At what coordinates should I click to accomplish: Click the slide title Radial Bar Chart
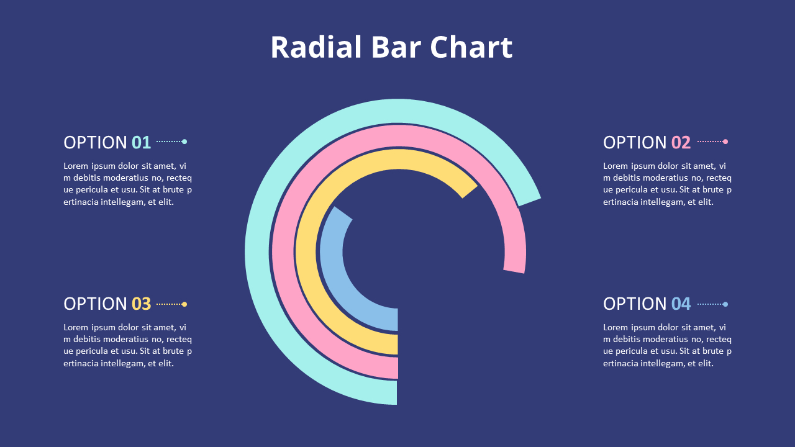(391, 47)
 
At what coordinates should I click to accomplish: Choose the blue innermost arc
(330, 261)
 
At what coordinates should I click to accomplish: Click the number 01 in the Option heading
(141, 143)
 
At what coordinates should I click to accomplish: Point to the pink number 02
(681, 143)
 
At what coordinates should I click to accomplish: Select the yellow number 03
(141, 304)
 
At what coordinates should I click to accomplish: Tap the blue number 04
(681, 304)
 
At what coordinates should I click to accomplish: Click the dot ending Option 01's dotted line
(184, 142)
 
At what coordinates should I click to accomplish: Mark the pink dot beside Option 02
(725, 142)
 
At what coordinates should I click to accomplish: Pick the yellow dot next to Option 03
(184, 304)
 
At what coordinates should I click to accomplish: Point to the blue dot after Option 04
(725, 304)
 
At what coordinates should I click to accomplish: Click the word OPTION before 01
(95, 143)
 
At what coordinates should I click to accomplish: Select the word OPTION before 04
(635, 304)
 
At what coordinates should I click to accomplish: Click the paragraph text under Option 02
(667, 184)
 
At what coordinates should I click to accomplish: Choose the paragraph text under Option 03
(127, 345)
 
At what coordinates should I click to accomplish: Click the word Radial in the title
(316, 47)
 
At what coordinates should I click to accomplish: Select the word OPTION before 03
(95, 304)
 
